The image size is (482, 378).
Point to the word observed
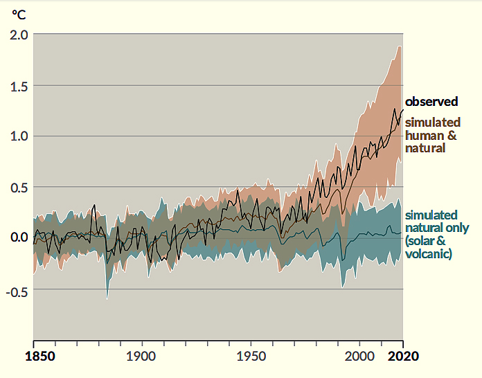431,102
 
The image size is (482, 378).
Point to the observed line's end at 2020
402,110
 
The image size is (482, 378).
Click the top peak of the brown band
400,46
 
